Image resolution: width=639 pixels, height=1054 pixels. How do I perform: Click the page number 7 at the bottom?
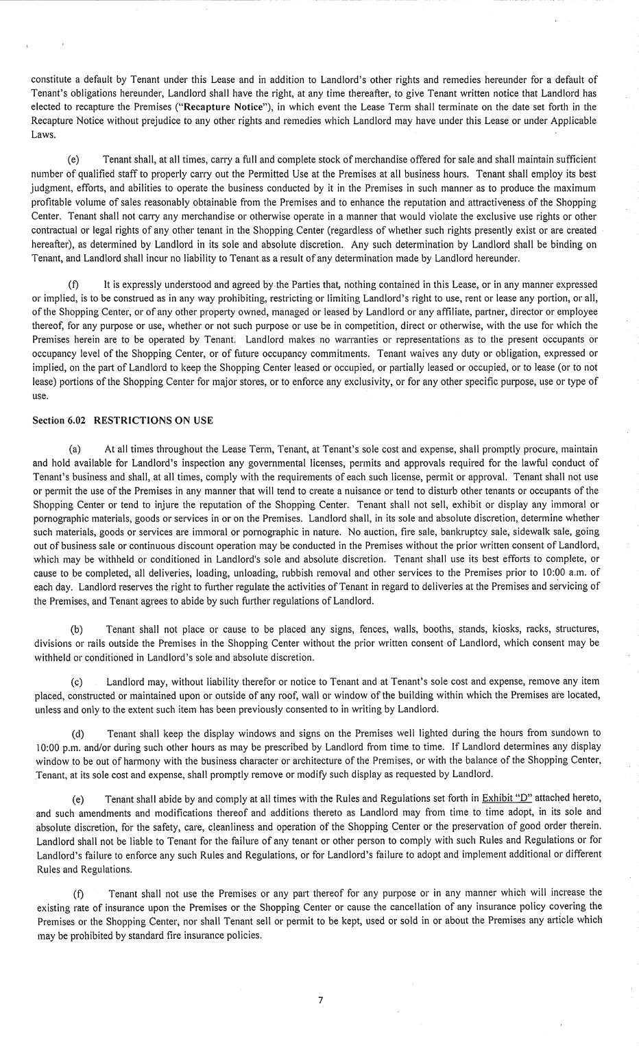point(320,1000)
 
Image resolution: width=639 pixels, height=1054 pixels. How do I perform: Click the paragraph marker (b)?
point(77,629)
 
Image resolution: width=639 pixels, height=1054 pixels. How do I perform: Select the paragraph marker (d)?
point(79,733)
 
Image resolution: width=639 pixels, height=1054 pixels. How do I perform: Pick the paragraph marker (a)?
point(76,449)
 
